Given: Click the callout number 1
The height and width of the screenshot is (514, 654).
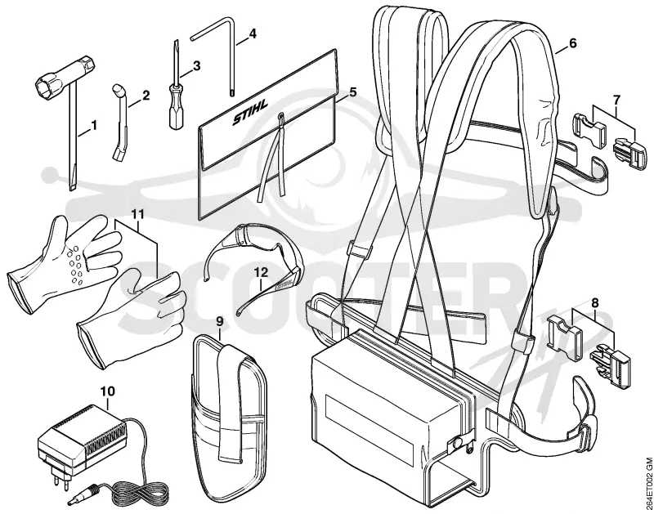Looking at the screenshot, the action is tap(94, 125).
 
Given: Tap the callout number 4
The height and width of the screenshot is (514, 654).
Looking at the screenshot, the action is tap(252, 34).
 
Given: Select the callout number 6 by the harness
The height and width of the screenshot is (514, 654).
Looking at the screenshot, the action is tap(572, 42).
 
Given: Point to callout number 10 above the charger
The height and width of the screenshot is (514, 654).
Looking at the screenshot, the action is tap(108, 391).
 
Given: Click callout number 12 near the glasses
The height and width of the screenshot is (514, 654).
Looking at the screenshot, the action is tap(261, 272).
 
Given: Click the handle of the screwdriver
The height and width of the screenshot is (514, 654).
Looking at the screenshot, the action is tap(174, 112).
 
